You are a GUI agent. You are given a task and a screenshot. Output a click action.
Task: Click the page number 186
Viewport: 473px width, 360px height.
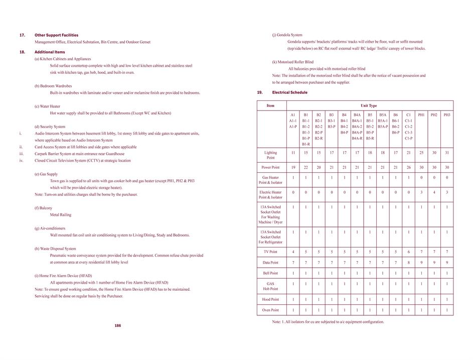pyautogui.click(x=117, y=325)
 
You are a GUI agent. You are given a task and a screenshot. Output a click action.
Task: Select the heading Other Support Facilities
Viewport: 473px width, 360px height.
pyautogui.click(x=56, y=35)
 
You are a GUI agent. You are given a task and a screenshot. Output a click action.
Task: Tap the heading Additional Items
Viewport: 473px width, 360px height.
pyautogui.click(x=50, y=52)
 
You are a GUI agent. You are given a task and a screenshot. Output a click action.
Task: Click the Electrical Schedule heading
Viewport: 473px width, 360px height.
pyautogui.click(x=289, y=92)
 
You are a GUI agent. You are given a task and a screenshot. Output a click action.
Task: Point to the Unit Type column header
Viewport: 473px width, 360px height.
pyautogui.click(x=369, y=105)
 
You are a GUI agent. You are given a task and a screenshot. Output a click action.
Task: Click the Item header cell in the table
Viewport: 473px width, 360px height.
pyautogui.click(x=270, y=105)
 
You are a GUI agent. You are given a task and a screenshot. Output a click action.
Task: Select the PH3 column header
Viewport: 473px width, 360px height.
pyautogui.click(x=447, y=115)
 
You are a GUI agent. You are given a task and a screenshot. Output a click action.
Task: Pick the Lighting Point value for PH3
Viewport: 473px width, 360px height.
pyautogui.click(x=447, y=152)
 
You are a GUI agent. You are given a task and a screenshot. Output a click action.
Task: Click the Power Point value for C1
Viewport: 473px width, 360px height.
pyautogui.click(x=408, y=167)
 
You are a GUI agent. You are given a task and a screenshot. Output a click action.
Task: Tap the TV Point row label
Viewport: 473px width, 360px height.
pyautogui.click(x=270, y=252)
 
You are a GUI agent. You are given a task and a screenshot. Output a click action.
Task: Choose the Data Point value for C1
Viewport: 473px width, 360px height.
pyautogui.click(x=408, y=262)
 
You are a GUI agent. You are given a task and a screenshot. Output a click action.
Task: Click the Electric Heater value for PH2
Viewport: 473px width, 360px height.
pyautogui.click(x=434, y=192)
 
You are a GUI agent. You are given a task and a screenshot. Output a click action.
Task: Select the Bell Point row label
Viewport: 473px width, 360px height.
pyautogui.click(x=270, y=273)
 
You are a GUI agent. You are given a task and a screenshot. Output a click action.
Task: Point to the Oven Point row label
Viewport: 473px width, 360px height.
pyautogui.click(x=270, y=310)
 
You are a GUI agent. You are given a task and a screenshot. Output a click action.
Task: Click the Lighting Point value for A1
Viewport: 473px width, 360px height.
pyautogui.click(x=293, y=152)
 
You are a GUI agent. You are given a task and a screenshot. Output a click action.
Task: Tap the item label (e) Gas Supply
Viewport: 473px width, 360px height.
pyautogui.click(x=46, y=174)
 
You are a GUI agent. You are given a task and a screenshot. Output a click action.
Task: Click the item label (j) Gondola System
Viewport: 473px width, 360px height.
pyautogui.click(x=287, y=35)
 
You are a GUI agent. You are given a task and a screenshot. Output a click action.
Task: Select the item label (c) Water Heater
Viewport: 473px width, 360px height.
pyautogui.click(x=47, y=106)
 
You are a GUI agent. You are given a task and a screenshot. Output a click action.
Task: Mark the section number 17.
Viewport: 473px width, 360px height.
pyautogui.click(x=22, y=35)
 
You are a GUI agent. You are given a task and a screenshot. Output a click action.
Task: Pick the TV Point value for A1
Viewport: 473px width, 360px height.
pyautogui.click(x=293, y=252)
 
